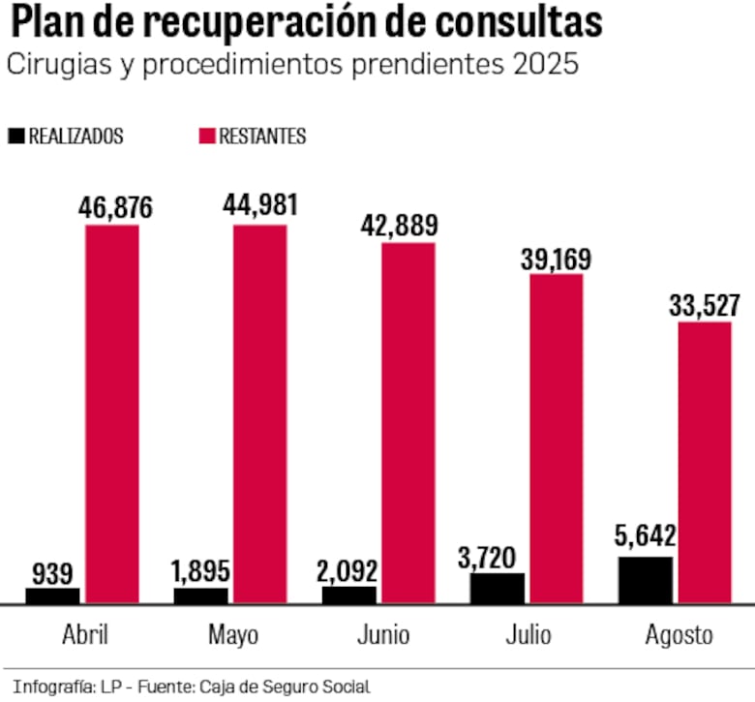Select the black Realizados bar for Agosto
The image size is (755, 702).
(646, 580)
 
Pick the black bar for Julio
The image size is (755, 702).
(498, 588)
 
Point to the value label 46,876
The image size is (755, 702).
(109, 207)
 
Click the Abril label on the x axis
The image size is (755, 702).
(85, 636)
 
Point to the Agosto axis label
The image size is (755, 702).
(679, 636)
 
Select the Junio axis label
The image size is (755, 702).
(382, 636)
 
